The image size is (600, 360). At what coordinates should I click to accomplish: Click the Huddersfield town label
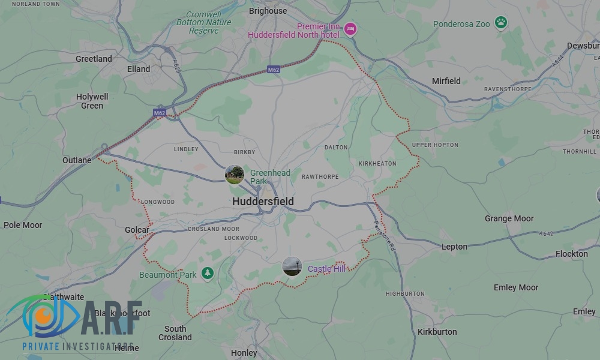coord(263,202)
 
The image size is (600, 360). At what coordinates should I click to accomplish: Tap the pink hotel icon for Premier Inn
coord(350,28)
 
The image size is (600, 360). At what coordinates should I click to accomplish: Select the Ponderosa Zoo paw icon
coord(501,23)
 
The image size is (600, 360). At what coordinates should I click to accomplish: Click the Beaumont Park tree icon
coord(208,273)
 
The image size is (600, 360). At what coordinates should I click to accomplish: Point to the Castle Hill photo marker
coord(292,266)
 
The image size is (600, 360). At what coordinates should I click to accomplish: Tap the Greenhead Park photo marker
coord(235,175)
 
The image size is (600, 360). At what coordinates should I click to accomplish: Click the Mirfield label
coord(446,81)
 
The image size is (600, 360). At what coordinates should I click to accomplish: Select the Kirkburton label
coord(437,332)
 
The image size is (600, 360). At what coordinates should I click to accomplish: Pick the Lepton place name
coord(454,247)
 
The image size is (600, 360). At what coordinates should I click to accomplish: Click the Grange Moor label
coord(509,218)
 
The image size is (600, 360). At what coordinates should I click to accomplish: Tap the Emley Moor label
coord(516,287)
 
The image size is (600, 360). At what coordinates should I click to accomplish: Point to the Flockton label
coord(572,254)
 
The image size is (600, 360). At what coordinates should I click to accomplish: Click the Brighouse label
coord(268,11)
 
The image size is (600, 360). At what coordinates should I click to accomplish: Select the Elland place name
coord(139,69)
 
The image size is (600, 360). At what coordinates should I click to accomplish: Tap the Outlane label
coord(77,160)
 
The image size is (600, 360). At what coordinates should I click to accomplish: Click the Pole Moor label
coord(23,225)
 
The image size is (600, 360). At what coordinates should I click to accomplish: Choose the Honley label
coord(244,353)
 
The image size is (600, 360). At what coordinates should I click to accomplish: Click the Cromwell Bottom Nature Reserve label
coord(204,22)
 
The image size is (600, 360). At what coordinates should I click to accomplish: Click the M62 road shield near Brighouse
coord(274,70)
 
